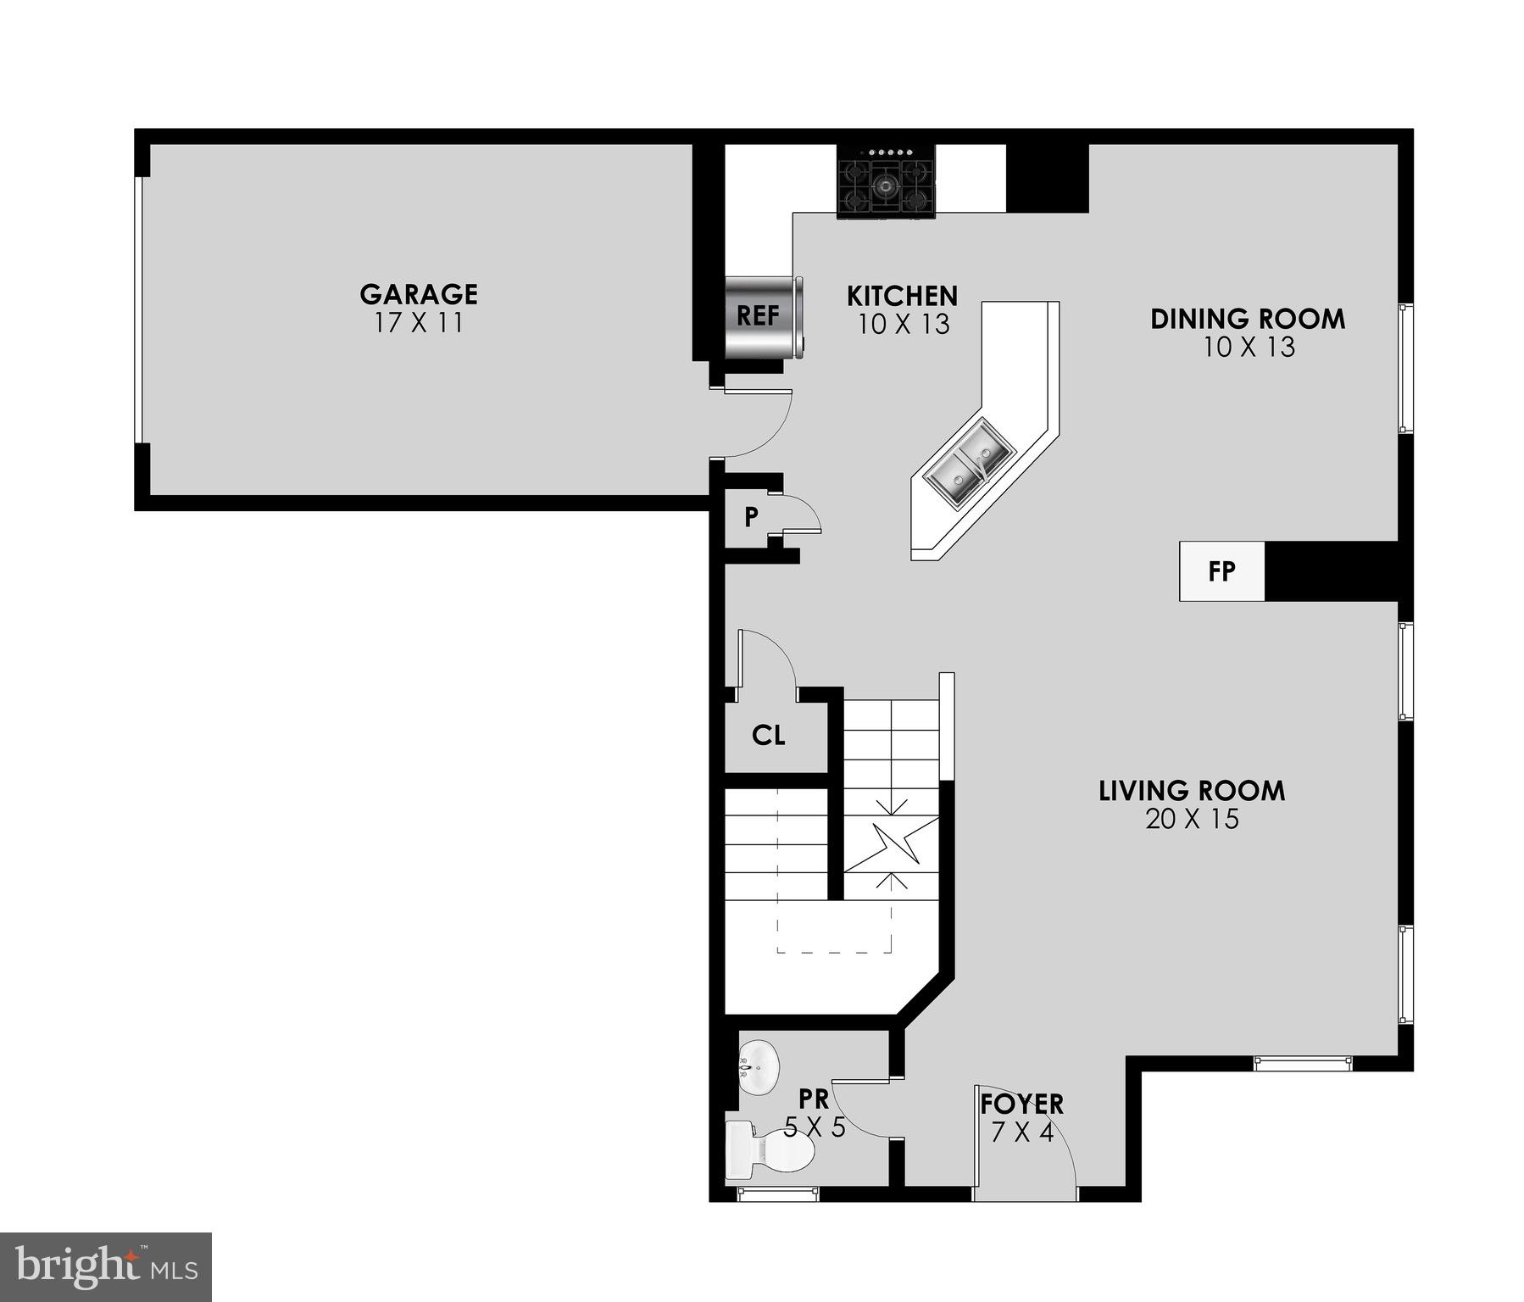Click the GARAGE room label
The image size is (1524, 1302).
(x=418, y=294)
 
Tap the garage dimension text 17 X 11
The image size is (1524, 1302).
(x=418, y=323)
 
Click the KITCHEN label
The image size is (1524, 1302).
(x=902, y=296)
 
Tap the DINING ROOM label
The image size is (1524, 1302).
(x=1247, y=319)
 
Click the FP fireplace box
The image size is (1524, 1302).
(x=1221, y=571)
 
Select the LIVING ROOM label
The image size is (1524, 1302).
(x=1191, y=791)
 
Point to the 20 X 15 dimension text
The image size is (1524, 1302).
(x=1192, y=820)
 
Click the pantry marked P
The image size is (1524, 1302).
(x=751, y=517)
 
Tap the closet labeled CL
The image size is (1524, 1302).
(x=769, y=735)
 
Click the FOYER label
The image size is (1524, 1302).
(x=1021, y=1104)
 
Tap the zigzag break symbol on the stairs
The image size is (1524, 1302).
(x=890, y=843)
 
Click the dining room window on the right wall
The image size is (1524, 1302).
(x=1404, y=368)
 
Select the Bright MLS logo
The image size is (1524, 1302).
(x=106, y=1266)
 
